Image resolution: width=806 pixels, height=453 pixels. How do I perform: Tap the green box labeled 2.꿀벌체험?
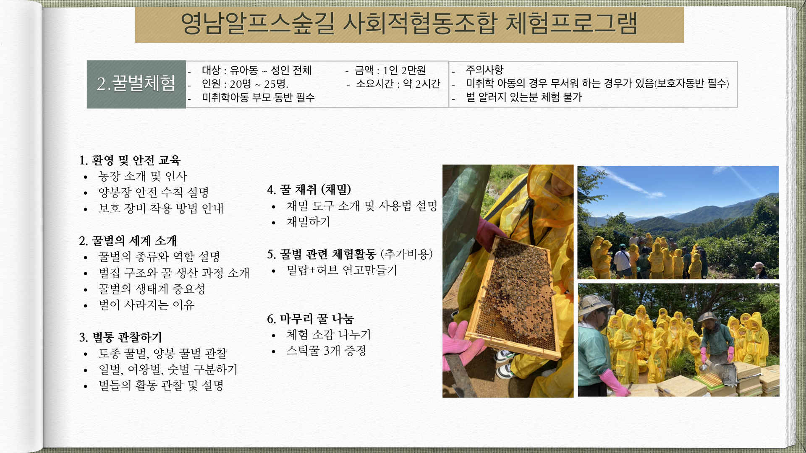(136, 84)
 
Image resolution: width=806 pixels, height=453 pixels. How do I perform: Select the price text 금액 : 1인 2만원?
(390, 70)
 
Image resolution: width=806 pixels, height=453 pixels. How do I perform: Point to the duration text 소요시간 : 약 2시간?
(398, 84)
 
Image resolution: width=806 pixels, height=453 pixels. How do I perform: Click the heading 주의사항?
(484, 70)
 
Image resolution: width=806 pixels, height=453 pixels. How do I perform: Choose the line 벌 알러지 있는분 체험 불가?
(523, 97)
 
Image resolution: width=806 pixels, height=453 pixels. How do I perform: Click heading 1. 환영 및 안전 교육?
(130, 160)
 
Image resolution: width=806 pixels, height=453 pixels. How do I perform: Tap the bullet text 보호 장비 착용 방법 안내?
(161, 208)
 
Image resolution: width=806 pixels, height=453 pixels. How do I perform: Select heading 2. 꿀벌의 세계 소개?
(128, 241)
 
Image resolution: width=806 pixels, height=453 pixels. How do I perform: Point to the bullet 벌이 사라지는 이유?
(147, 305)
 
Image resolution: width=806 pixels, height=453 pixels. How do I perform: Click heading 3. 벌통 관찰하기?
(120, 337)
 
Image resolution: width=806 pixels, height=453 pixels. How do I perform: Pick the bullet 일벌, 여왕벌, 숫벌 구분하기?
(168, 370)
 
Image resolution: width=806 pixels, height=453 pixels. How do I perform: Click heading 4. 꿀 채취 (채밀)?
(309, 190)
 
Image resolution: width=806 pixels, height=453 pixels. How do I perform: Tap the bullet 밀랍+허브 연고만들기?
(342, 270)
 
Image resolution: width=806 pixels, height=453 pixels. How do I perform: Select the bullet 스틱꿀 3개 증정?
(326, 351)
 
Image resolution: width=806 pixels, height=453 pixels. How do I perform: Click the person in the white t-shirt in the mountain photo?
(623, 260)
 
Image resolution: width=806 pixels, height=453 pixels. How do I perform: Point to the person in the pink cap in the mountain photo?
(759, 270)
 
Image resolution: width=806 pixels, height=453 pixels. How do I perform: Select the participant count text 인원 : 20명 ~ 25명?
(245, 84)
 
